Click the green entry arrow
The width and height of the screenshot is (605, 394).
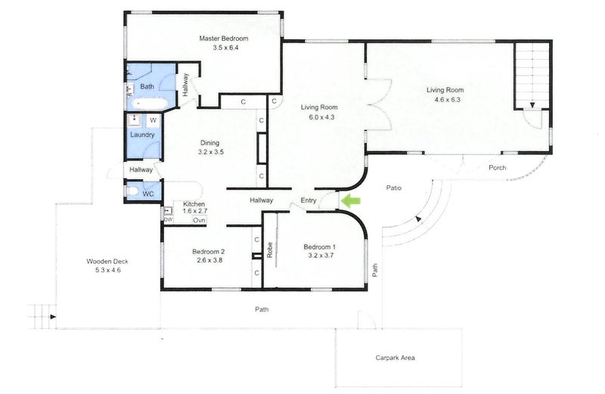pyautogui.click(x=350, y=200)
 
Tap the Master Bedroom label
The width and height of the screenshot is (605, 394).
pyautogui.click(x=223, y=39)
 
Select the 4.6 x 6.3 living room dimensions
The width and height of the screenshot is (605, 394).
pyautogui.click(x=448, y=99)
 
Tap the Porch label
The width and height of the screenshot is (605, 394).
pyautogui.click(x=497, y=167)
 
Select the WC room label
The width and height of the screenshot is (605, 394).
pyautogui.click(x=148, y=193)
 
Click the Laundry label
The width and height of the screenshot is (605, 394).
pyautogui.click(x=142, y=135)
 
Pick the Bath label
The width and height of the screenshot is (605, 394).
pyautogui.click(x=147, y=87)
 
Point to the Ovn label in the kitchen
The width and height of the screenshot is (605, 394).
pyautogui.click(x=199, y=220)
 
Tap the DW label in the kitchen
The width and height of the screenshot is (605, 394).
pyautogui.click(x=168, y=219)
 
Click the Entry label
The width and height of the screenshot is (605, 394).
pyautogui.click(x=309, y=200)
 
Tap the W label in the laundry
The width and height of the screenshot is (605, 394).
pyautogui.click(x=153, y=120)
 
